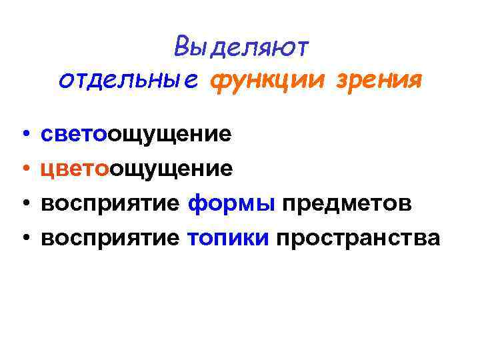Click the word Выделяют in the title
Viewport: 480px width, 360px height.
[x=241, y=47]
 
